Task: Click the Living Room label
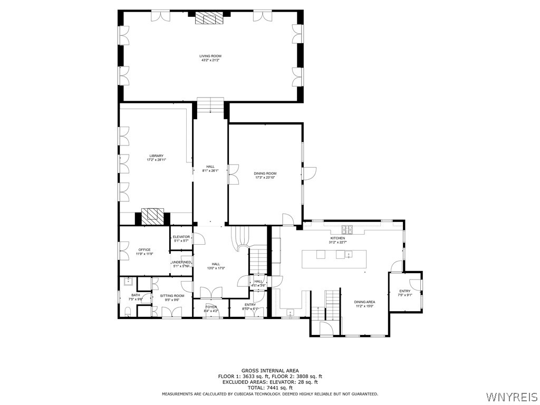tap(210, 56)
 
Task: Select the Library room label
tap(156, 156)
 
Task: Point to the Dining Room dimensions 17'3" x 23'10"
tap(265, 178)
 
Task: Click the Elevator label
tap(181, 237)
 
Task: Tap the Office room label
tap(144, 249)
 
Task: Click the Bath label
tap(136, 295)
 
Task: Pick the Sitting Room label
tap(172, 296)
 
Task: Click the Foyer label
tap(211, 306)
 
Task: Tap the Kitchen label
tap(337, 238)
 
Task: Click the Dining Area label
tap(364, 302)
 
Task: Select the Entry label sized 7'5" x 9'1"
tap(404, 291)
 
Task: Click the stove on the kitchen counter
tap(348, 229)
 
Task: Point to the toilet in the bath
tap(127, 312)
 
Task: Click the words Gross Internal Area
tap(270, 371)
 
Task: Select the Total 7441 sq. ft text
tap(270, 388)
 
